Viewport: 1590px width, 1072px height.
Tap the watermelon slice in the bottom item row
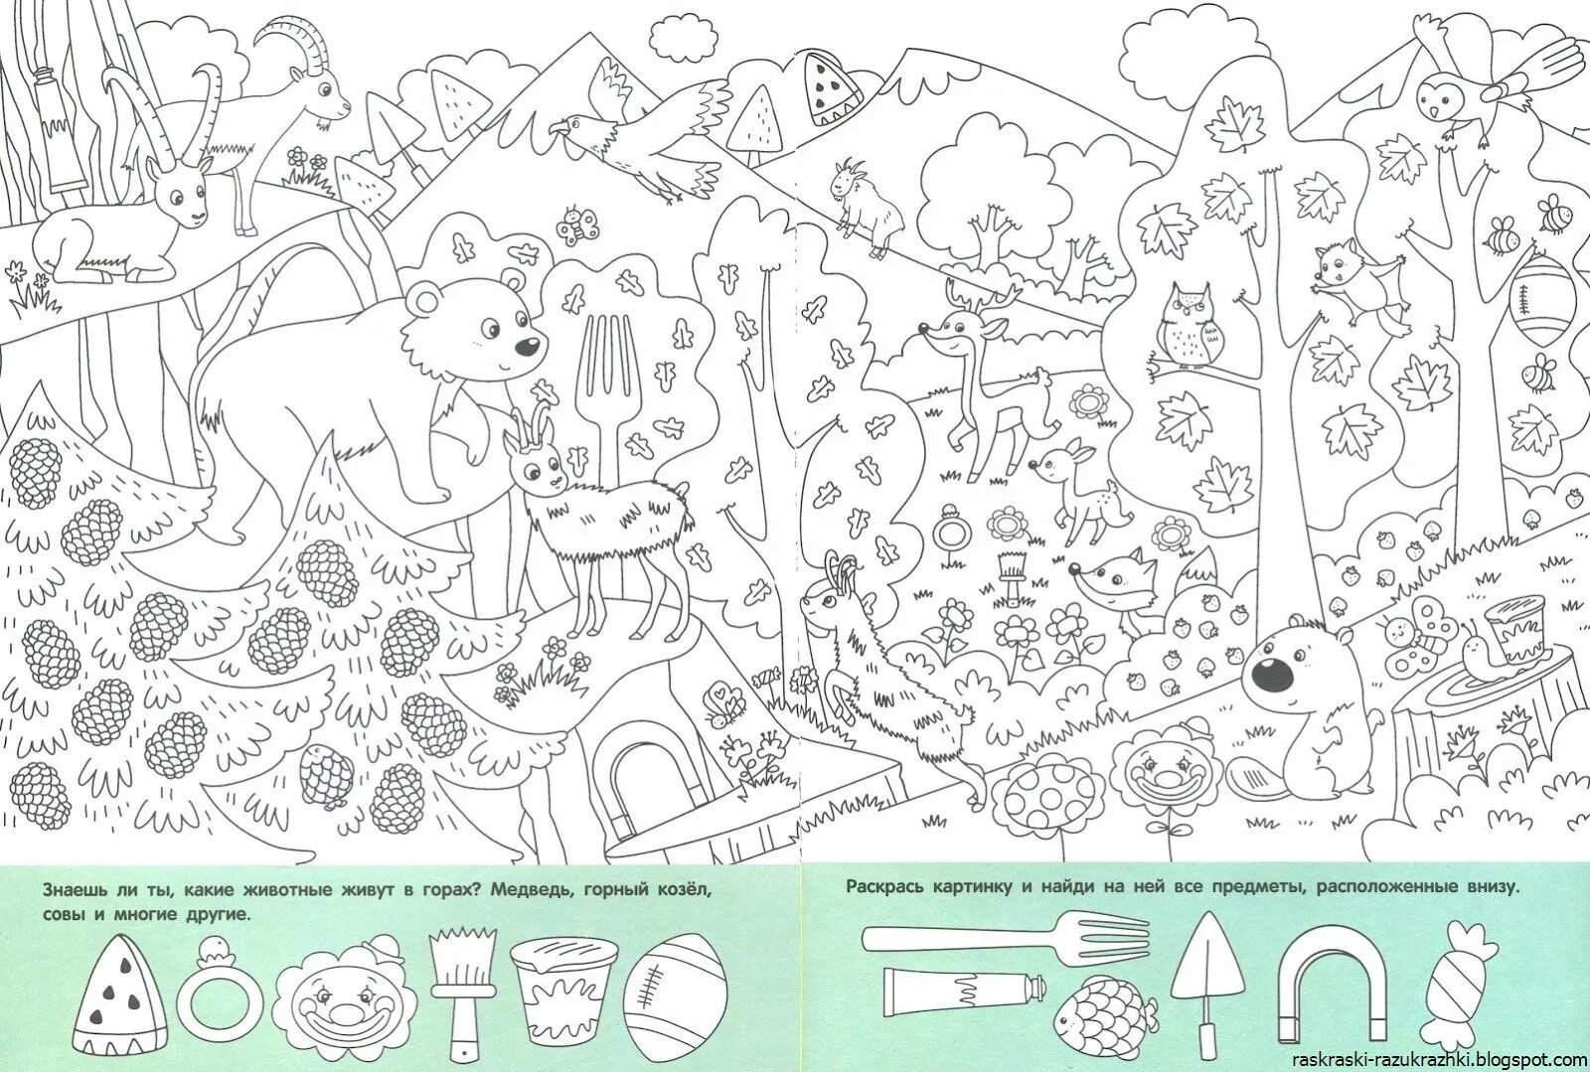point(119,995)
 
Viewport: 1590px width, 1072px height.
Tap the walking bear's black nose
point(527,347)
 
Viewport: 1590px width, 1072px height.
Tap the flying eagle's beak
point(557,127)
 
